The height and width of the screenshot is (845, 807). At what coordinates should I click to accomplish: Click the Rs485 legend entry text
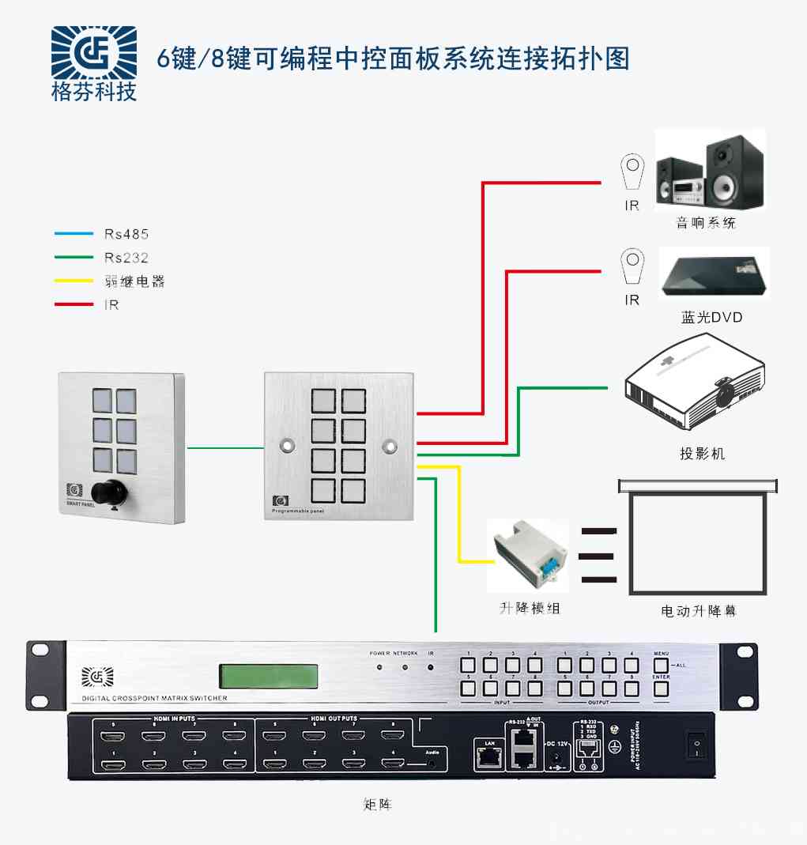[x=126, y=234]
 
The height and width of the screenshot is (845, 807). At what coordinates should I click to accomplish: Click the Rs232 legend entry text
[x=126, y=258]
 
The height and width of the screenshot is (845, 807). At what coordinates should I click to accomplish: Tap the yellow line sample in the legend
[x=74, y=281]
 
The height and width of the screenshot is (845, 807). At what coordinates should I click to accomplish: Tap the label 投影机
[x=702, y=454]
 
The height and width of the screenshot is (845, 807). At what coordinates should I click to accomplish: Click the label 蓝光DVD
[x=711, y=318]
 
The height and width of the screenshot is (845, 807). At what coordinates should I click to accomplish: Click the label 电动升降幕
[x=698, y=611]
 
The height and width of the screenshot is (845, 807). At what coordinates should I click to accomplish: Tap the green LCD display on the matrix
[x=269, y=676]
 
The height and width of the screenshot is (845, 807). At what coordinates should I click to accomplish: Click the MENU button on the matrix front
[x=661, y=666]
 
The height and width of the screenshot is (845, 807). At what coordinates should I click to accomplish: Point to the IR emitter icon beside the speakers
[x=632, y=172]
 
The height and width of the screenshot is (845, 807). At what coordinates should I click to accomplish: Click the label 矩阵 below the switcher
[x=377, y=805]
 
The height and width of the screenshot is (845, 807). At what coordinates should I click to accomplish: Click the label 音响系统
[x=705, y=223]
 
